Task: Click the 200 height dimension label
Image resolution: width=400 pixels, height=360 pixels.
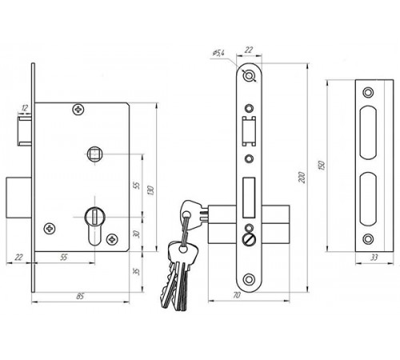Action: [x=302, y=178]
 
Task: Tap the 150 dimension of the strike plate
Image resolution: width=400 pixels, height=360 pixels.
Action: [x=322, y=166]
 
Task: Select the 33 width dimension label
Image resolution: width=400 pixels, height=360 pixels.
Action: [x=374, y=258]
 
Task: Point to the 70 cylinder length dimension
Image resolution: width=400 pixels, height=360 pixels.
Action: [x=237, y=295]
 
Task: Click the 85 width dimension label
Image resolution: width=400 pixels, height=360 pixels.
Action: [x=80, y=296]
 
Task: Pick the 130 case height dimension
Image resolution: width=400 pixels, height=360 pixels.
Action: [x=150, y=190]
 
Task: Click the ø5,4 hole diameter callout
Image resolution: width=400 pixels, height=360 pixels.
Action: [x=218, y=53]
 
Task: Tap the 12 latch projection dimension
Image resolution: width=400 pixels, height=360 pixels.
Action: [x=25, y=108]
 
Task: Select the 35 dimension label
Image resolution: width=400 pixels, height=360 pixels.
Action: [x=136, y=271]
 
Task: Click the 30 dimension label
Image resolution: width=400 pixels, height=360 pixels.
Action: [x=136, y=234]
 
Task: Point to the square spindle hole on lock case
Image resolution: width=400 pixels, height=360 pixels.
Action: [x=94, y=154]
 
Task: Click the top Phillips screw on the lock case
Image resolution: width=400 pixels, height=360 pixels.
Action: [x=78, y=109]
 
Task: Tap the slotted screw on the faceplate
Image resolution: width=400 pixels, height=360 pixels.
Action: [x=249, y=238]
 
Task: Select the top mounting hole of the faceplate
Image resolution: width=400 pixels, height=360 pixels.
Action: [x=249, y=76]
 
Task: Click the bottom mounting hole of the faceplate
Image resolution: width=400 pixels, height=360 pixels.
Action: [x=249, y=280]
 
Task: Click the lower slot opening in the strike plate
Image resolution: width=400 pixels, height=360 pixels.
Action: [x=368, y=199]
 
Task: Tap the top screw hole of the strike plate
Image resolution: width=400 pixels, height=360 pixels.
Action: [x=368, y=92]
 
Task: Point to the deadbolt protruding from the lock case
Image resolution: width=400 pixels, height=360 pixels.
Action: [x=18, y=198]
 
